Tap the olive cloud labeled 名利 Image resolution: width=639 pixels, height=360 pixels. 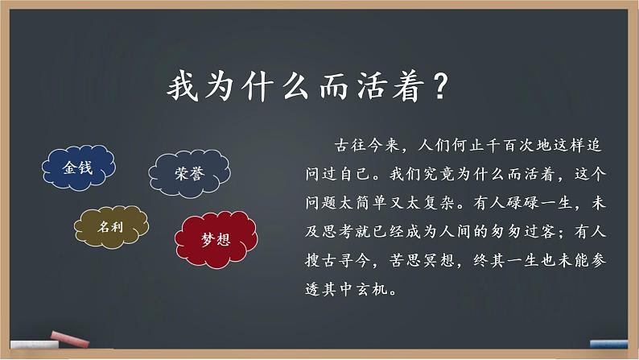112,228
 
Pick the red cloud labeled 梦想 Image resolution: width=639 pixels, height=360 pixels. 215,238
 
